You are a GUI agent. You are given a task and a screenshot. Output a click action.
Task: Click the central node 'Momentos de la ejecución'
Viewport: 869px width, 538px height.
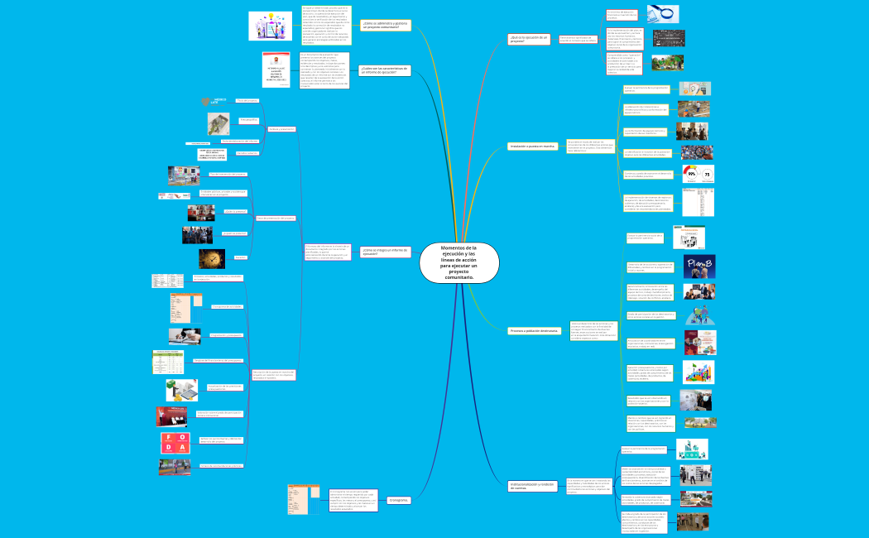(459, 262)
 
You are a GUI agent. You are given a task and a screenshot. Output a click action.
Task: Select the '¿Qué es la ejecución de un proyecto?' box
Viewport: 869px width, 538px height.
(529, 39)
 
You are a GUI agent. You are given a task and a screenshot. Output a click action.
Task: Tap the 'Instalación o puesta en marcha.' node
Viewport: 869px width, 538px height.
(532, 147)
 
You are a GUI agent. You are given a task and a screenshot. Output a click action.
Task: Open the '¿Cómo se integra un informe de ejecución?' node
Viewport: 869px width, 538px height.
(386, 252)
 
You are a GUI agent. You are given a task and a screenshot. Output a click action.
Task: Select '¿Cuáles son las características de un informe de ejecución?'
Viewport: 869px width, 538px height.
(385, 70)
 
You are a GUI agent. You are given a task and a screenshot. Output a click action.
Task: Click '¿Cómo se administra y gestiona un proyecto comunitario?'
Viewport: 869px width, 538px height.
(386, 26)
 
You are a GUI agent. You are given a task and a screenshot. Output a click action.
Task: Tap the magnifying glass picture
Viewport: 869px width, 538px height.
(663, 13)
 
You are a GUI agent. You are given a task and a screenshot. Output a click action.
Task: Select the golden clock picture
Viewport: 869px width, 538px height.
(207, 258)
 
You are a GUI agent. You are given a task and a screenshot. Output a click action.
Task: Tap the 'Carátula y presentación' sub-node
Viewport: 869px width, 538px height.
(281, 129)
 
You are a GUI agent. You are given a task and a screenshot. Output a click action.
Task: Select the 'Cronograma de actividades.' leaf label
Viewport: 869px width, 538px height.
(226, 306)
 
